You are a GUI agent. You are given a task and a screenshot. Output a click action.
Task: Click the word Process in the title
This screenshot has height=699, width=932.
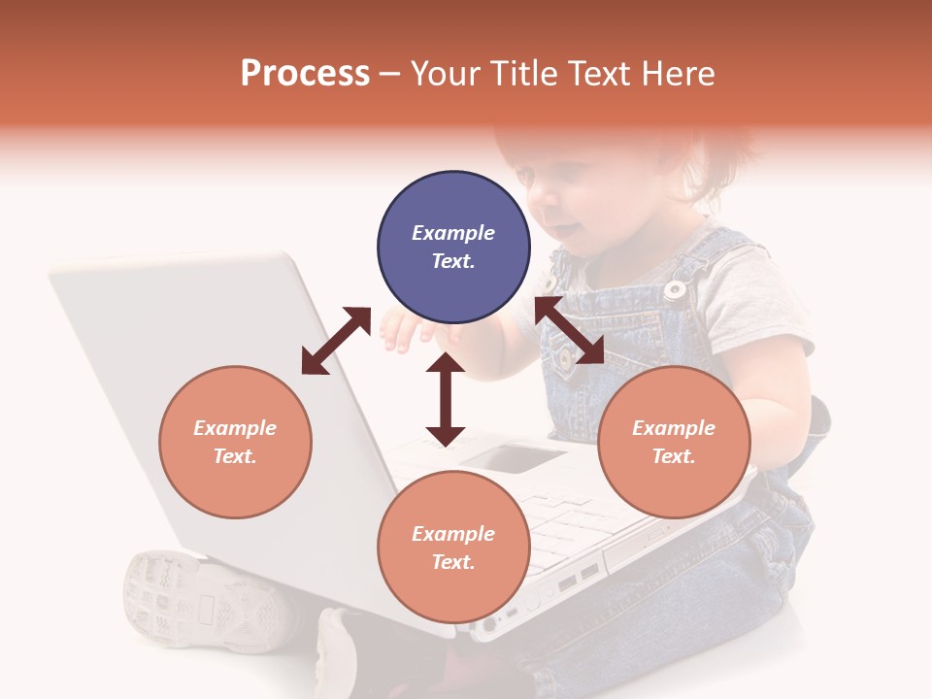click(x=305, y=74)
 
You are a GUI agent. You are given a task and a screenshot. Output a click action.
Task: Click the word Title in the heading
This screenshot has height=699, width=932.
click(x=520, y=74)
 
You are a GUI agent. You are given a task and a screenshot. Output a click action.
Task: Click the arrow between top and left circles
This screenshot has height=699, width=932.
click(x=336, y=341)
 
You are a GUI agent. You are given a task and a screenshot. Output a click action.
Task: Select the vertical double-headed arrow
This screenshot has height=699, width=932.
click(x=446, y=399)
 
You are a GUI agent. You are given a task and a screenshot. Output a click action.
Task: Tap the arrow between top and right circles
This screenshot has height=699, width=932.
click(x=569, y=331)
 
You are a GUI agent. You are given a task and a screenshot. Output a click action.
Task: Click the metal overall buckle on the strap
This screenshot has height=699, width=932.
click(x=675, y=287)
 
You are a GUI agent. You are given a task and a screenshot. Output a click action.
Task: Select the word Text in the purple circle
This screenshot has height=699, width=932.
click(x=453, y=261)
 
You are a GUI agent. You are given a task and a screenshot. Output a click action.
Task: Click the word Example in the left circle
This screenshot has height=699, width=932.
click(x=235, y=428)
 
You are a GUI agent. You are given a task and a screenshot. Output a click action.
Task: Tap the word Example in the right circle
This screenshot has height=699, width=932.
click(x=674, y=428)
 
